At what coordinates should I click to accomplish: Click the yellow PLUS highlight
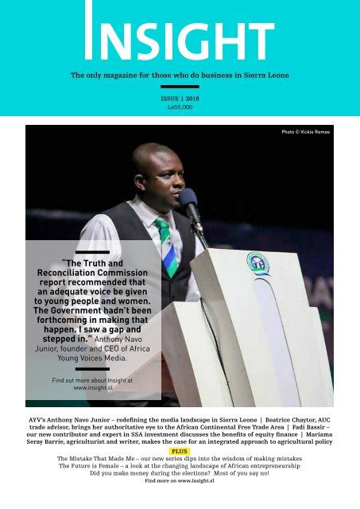(x=180, y=451)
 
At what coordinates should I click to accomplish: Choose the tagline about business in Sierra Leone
(x=180, y=76)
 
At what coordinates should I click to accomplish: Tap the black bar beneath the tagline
(x=180, y=86)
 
